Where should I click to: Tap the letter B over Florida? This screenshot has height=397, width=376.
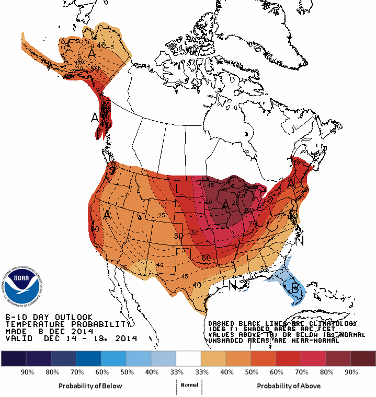click(294, 288)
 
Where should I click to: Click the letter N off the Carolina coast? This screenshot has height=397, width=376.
click(300, 241)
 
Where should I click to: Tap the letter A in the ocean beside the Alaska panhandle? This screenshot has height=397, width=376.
click(95, 118)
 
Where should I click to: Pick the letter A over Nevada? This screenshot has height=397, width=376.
click(107, 214)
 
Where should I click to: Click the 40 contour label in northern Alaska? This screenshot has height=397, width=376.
click(100, 45)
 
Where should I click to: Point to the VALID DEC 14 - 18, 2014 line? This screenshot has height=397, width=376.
click(71, 338)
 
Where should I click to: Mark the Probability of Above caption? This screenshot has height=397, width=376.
click(288, 386)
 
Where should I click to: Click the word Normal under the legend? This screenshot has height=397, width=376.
click(189, 385)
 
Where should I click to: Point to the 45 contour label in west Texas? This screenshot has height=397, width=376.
click(184, 276)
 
